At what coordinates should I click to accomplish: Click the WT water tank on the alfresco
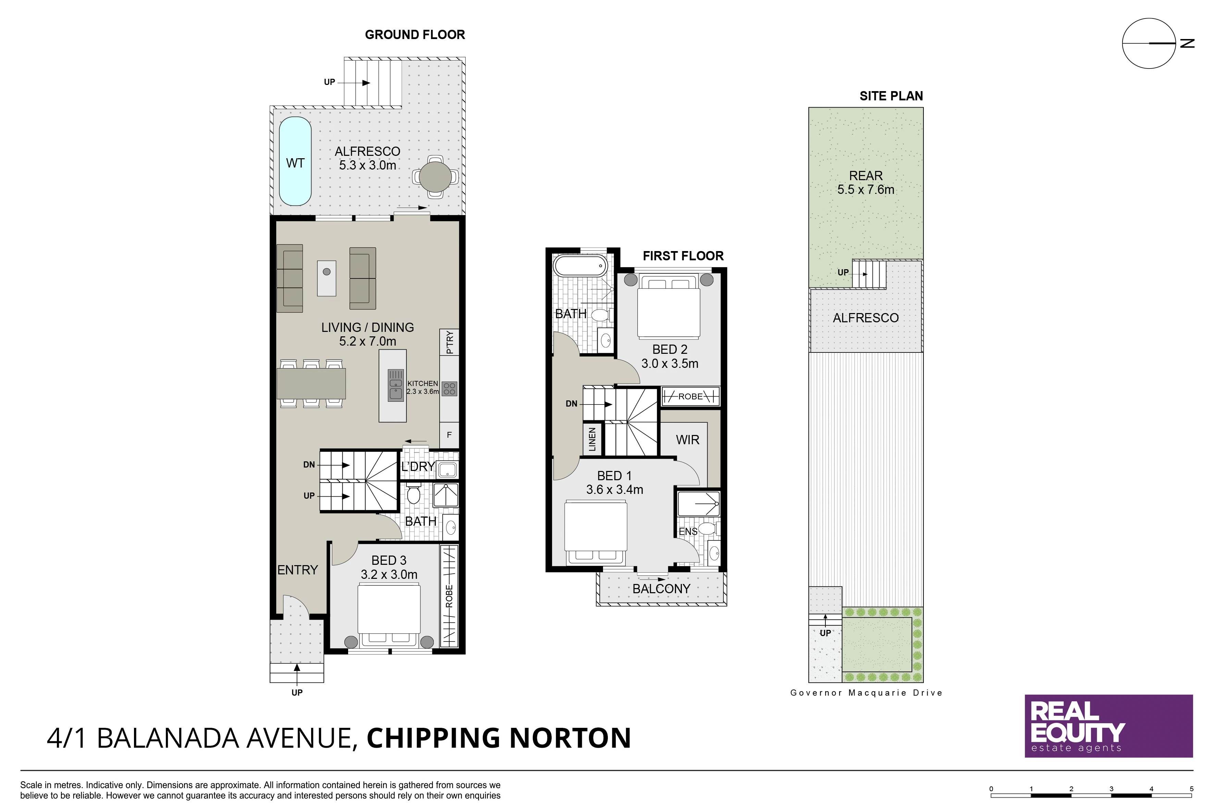[x=295, y=161]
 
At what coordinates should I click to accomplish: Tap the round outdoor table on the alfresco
[x=435, y=176]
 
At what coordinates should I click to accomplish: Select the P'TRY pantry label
[x=450, y=342]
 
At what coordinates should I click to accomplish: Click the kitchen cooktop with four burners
[x=449, y=388]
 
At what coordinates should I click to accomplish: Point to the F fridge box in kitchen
[x=449, y=435]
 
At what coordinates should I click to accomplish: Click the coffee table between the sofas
[x=326, y=278]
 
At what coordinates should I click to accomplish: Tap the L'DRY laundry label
[x=418, y=466]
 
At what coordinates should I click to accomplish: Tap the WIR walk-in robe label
[x=687, y=439]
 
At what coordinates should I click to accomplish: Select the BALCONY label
[x=661, y=589]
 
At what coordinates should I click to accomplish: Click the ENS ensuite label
[x=688, y=532]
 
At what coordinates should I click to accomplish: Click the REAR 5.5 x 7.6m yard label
[x=866, y=183]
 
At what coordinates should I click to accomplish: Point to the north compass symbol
[x=1156, y=43]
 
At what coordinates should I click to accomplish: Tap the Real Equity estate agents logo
[x=1109, y=726]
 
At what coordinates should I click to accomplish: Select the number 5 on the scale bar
[x=1192, y=789]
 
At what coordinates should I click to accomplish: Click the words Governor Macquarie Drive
[x=866, y=693]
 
